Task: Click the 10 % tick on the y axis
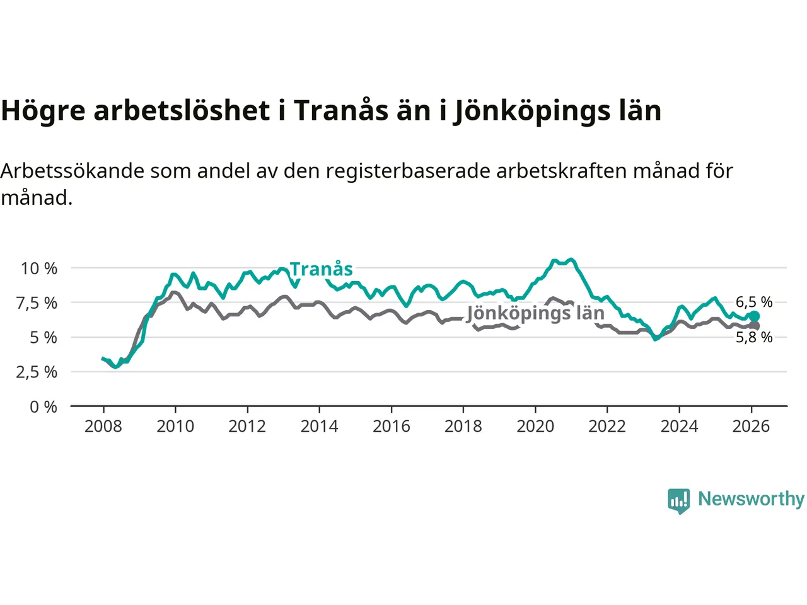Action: (x=39, y=268)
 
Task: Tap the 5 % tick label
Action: (x=43, y=338)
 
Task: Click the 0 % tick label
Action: (x=43, y=407)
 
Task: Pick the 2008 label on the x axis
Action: (x=103, y=427)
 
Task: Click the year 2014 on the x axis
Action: (x=319, y=427)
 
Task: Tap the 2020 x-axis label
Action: (x=535, y=427)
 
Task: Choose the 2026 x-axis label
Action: (x=751, y=427)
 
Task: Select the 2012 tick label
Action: (x=247, y=427)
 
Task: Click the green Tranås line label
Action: (x=322, y=269)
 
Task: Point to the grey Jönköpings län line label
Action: (x=535, y=313)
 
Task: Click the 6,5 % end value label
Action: (x=754, y=302)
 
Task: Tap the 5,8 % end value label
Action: (x=754, y=337)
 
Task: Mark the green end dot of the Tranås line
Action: (x=754, y=316)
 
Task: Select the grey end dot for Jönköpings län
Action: (x=754, y=326)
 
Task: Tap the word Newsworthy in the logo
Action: (x=751, y=499)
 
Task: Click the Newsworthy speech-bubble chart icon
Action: (x=679, y=500)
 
